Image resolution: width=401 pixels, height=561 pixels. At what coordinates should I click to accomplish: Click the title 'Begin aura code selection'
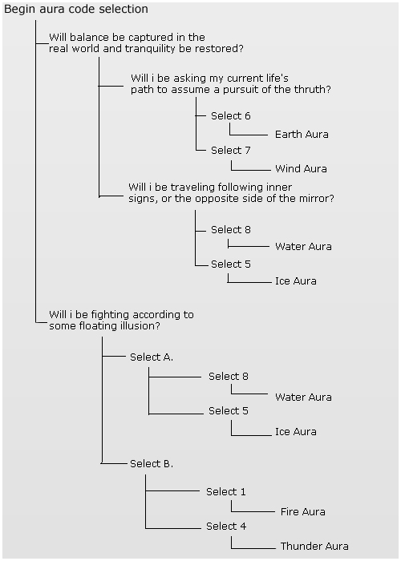pyautogui.click(x=76, y=9)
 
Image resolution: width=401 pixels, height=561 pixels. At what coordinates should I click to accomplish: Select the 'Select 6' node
pyautogui.click(x=231, y=116)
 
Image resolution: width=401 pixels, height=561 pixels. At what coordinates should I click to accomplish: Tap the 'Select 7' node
pyautogui.click(x=231, y=151)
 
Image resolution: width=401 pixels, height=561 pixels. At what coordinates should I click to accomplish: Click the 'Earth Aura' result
pyautogui.click(x=302, y=134)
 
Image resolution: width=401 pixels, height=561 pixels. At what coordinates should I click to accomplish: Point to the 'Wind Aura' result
pyautogui.click(x=301, y=168)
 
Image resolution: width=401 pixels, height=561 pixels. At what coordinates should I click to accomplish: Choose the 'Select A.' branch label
pyautogui.click(x=152, y=357)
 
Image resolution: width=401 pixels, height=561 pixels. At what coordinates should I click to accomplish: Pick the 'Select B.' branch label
pyautogui.click(x=152, y=464)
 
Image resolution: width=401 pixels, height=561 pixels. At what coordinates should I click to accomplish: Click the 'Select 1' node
pyautogui.click(x=226, y=491)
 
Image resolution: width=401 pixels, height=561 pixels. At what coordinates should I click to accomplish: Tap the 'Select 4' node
pyautogui.click(x=226, y=526)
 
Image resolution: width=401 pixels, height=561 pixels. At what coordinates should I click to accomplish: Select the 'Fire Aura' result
pyautogui.click(x=303, y=511)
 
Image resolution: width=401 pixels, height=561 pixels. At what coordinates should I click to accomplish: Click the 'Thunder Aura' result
pyautogui.click(x=314, y=546)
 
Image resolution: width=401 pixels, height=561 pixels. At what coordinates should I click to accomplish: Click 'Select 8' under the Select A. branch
pyautogui.click(x=229, y=377)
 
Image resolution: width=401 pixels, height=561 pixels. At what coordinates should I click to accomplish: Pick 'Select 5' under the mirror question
pyautogui.click(x=231, y=264)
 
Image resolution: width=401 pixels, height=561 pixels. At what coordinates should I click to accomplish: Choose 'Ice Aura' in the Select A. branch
pyautogui.click(x=296, y=431)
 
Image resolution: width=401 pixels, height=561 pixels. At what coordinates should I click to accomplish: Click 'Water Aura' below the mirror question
pyautogui.click(x=303, y=247)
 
